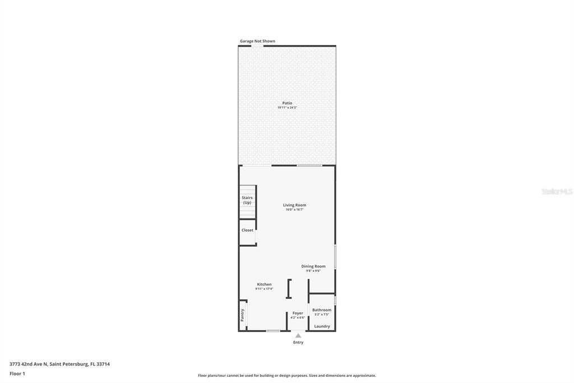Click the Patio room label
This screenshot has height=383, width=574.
click(287, 103)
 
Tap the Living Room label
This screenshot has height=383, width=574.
click(294, 205)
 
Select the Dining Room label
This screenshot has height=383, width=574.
click(313, 266)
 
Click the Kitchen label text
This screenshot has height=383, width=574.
click(264, 284)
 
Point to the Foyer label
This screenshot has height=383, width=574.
click(298, 313)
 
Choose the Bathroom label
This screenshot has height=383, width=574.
click(322, 310)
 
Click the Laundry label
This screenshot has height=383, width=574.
click(322, 326)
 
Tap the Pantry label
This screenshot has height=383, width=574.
click(243, 315)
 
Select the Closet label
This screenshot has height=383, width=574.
click(247, 230)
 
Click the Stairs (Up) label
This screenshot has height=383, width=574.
click(247, 200)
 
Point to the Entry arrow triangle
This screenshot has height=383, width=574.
click(298, 336)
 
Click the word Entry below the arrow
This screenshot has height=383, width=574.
click(298, 343)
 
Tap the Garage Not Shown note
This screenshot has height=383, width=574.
click(257, 41)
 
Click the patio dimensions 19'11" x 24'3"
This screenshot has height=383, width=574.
click(287, 108)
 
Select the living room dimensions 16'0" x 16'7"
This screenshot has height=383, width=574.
click(294, 210)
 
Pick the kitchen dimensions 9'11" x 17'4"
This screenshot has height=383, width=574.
click(264, 289)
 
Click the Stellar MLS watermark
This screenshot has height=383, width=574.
click(557, 191)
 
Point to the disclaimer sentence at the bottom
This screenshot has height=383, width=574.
click(287, 376)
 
